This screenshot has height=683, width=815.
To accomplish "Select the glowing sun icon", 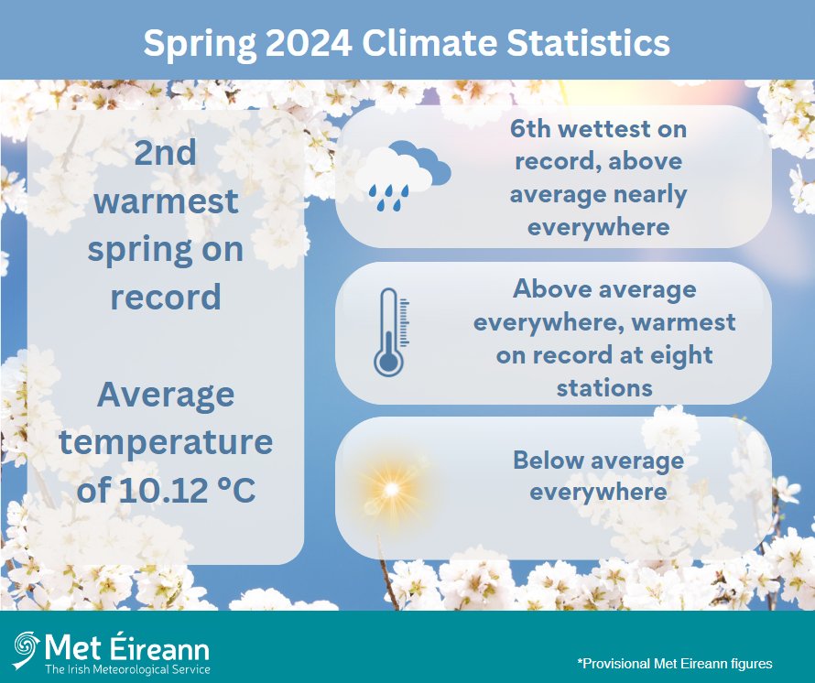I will [392, 490].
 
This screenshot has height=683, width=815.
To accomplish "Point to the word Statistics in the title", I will [576, 42].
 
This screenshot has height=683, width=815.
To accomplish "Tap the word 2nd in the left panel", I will [166, 153].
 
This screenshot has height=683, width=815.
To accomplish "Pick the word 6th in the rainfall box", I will [532, 129].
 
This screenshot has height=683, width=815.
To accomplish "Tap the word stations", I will [604, 387].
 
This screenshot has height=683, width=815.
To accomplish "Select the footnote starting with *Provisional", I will [675, 663].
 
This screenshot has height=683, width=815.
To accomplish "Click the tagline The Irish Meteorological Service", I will [127, 670].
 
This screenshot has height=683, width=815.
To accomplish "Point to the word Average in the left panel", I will [166, 396].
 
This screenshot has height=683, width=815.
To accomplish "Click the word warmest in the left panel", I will [166, 201].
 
